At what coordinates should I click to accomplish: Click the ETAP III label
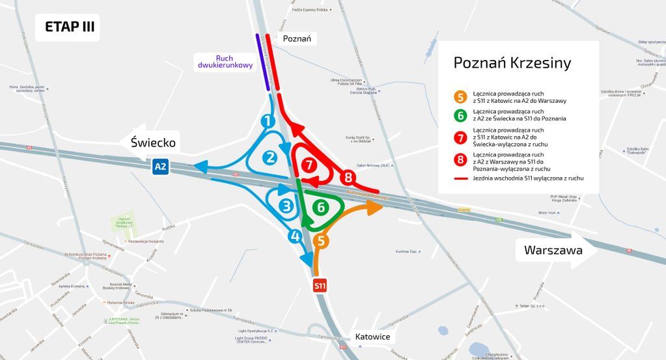(68, 27)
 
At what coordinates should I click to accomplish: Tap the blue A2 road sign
(160, 167)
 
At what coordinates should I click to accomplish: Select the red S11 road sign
(320, 285)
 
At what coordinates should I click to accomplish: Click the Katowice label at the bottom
(372, 337)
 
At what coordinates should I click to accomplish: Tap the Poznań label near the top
(297, 39)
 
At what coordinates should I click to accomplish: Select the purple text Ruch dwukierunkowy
(225, 62)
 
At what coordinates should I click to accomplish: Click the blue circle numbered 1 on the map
(268, 121)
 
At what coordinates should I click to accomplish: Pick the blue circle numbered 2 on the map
(270, 157)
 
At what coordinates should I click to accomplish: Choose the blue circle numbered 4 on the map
(295, 236)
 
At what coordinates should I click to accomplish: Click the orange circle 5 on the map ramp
(320, 241)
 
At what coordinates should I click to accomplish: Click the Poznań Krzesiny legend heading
(512, 62)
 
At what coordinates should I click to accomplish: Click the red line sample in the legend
(461, 177)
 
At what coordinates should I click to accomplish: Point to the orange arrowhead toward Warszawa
(375, 207)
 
